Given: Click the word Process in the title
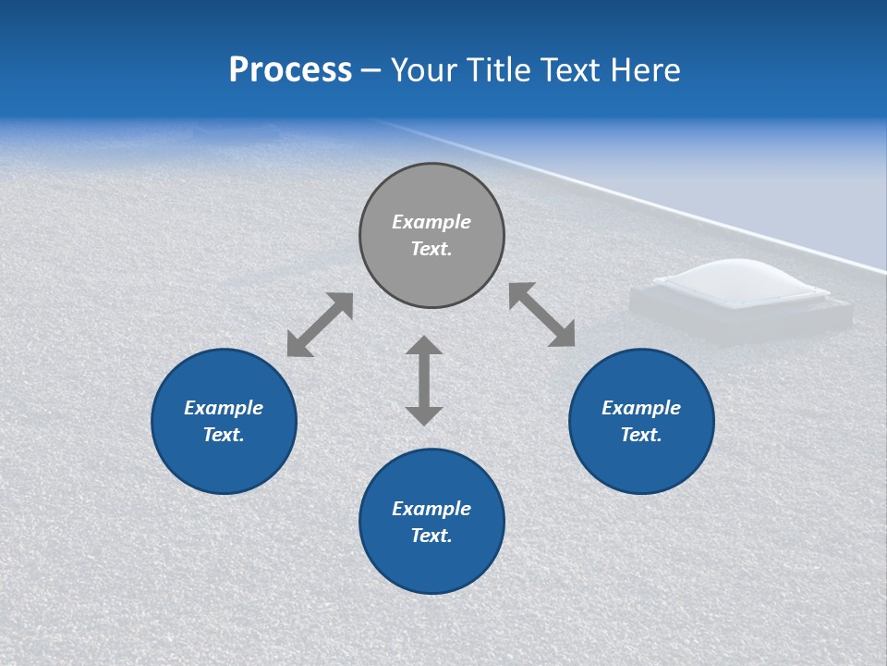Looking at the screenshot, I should tap(290, 70).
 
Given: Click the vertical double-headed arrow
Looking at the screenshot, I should tap(424, 380).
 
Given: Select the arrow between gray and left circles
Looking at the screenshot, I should tap(320, 325).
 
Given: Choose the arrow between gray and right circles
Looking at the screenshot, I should tap(542, 314).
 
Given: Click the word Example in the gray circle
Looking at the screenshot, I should tap(431, 222).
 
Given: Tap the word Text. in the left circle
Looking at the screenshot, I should tap(224, 435).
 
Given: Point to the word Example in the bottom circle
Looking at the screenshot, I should tap(431, 509).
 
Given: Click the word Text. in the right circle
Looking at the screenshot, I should tap(641, 435).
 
